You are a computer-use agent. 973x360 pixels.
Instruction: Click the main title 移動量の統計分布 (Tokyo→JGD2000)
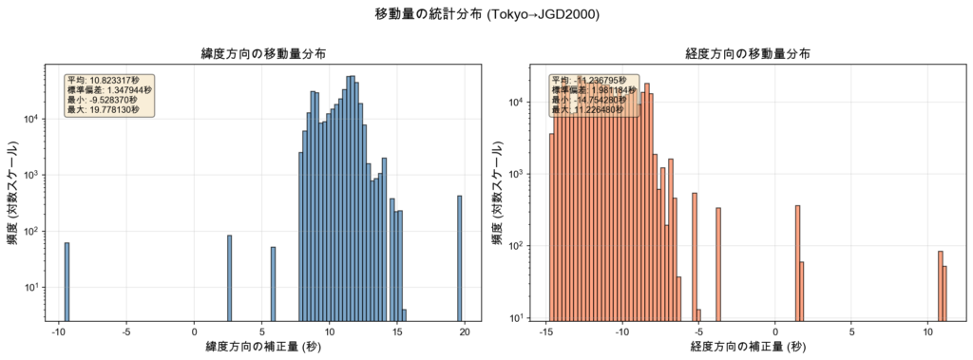coord(486,14)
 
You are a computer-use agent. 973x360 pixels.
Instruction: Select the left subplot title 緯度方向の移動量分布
coord(262,53)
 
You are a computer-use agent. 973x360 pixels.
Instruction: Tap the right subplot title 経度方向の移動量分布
coord(747,53)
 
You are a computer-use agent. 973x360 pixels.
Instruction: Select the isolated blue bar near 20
coord(460,258)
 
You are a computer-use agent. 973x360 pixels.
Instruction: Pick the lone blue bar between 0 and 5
coord(230,278)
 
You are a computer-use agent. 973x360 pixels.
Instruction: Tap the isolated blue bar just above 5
coord(273,284)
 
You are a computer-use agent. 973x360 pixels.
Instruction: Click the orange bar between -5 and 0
coord(718,264)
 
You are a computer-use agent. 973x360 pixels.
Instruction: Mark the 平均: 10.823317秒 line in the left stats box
coord(103,81)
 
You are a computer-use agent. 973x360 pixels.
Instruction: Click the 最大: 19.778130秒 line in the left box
coord(103,110)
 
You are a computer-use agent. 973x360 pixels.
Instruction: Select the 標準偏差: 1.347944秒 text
coord(109,90)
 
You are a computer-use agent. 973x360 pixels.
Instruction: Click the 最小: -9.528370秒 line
coord(103,100)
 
